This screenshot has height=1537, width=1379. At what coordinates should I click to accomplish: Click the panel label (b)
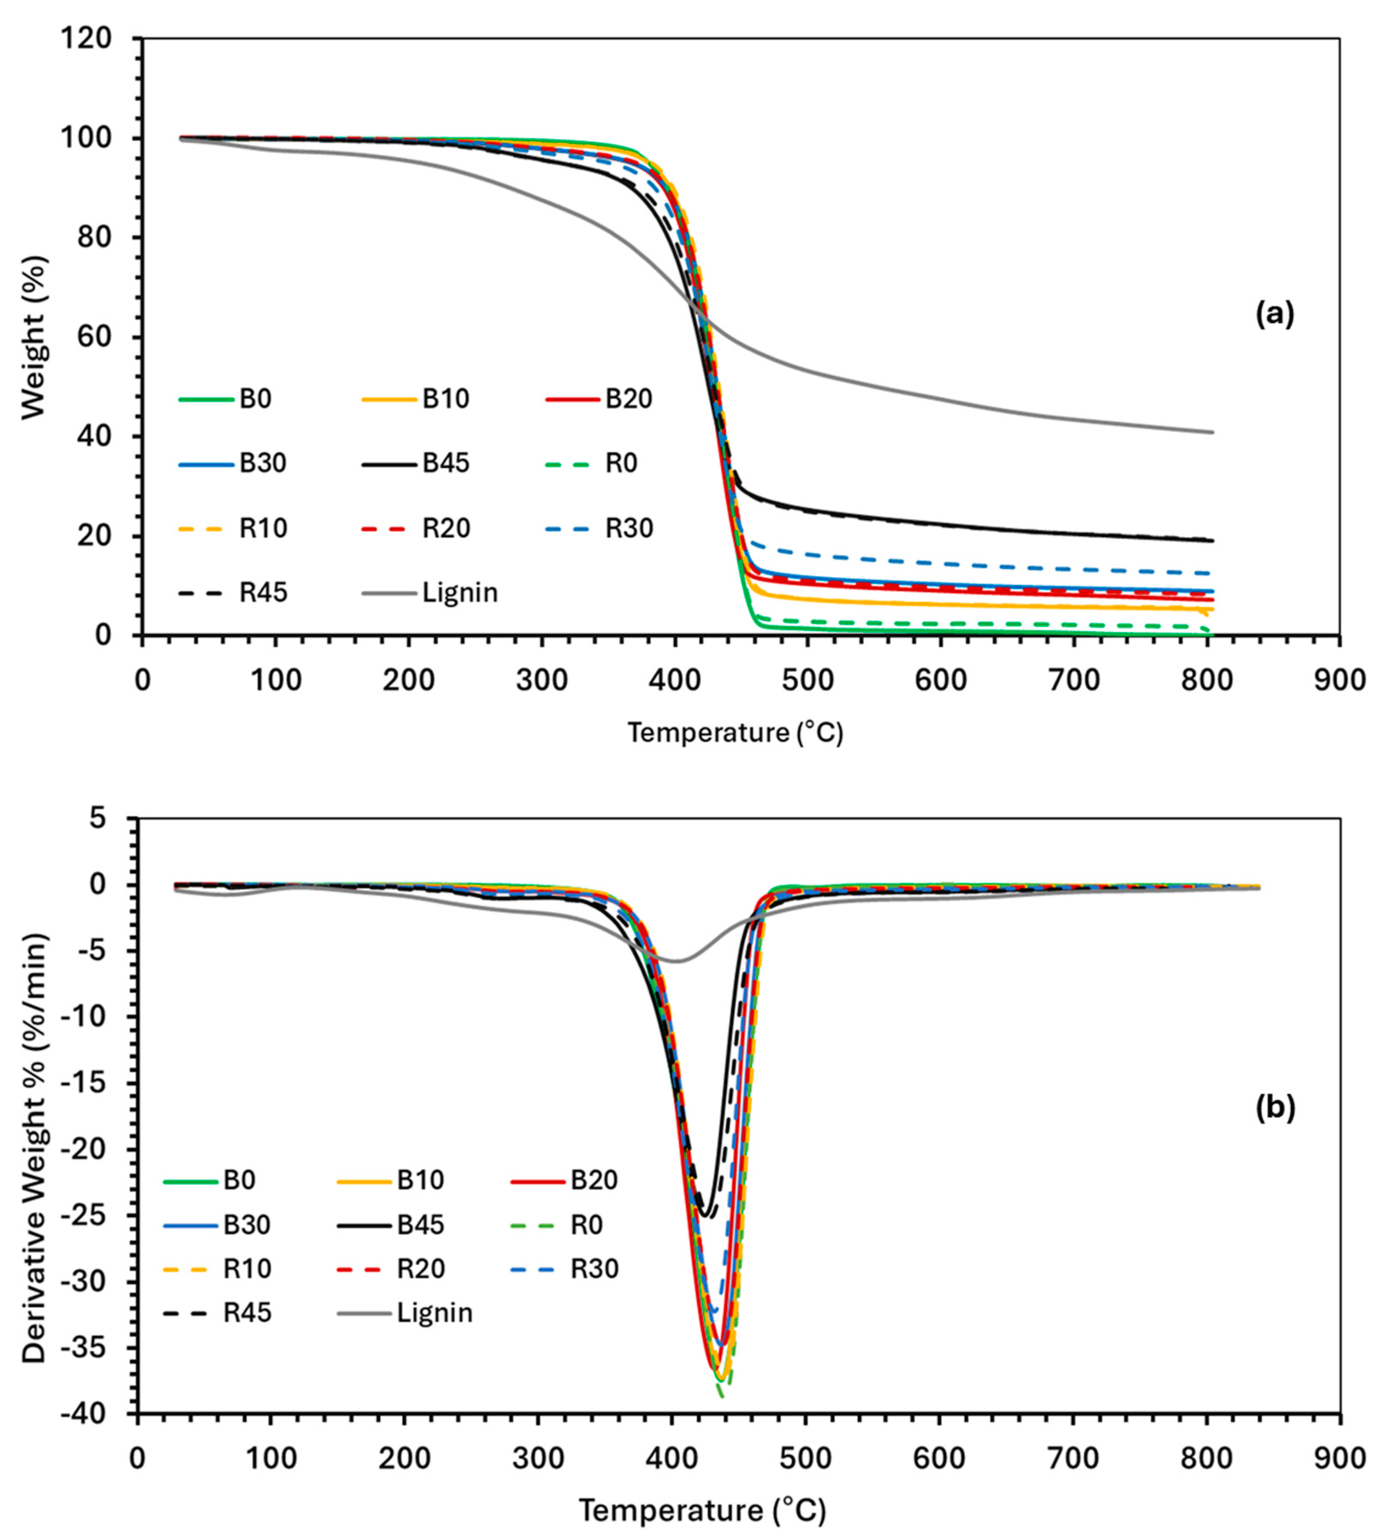1275,1107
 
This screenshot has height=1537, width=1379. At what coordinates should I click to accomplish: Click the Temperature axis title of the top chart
734,733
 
